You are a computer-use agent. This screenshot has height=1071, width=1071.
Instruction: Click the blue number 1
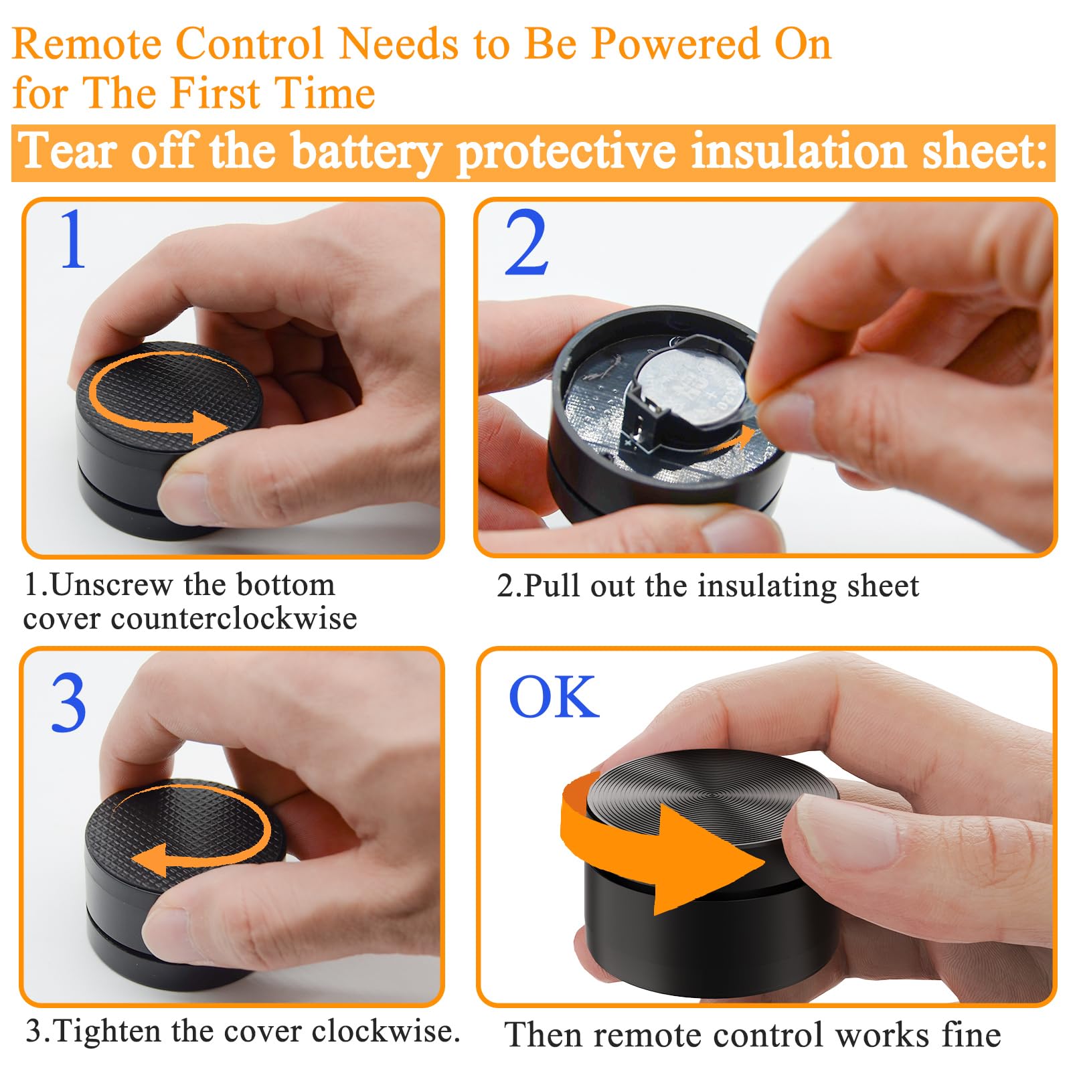[x=73, y=239]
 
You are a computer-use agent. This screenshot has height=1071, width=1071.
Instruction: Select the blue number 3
[x=69, y=703]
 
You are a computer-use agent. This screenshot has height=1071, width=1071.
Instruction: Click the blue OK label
[x=554, y=697]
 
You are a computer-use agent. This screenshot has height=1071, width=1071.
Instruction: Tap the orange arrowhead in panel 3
[x=150, y=859]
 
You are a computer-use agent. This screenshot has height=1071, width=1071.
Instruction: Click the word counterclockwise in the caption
[x=234, y=619]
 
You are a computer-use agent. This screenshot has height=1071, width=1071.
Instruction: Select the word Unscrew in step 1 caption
[x=111, y=585]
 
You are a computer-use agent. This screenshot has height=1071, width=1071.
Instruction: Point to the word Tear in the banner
[x=67, y=151]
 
